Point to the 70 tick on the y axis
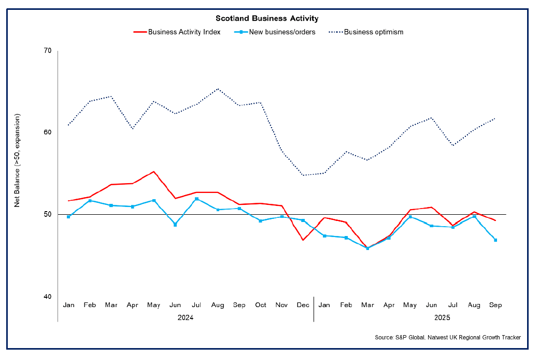[x=48, y=50]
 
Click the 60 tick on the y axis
[x=48, y=132]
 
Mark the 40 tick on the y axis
[x=48, y=296]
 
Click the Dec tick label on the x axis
[x=303, y=305]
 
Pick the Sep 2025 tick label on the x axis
[x=495, y=305]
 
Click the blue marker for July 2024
[x=196, y=199]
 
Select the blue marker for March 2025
[x=367, y=248]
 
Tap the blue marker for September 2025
[x=495, y=240]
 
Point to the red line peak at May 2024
[x=153, y=171]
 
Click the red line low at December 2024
[x=303, y=240]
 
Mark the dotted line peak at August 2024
[x=218, y=89]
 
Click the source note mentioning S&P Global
[x=447, y=338]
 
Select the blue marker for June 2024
[x=175, y=225]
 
